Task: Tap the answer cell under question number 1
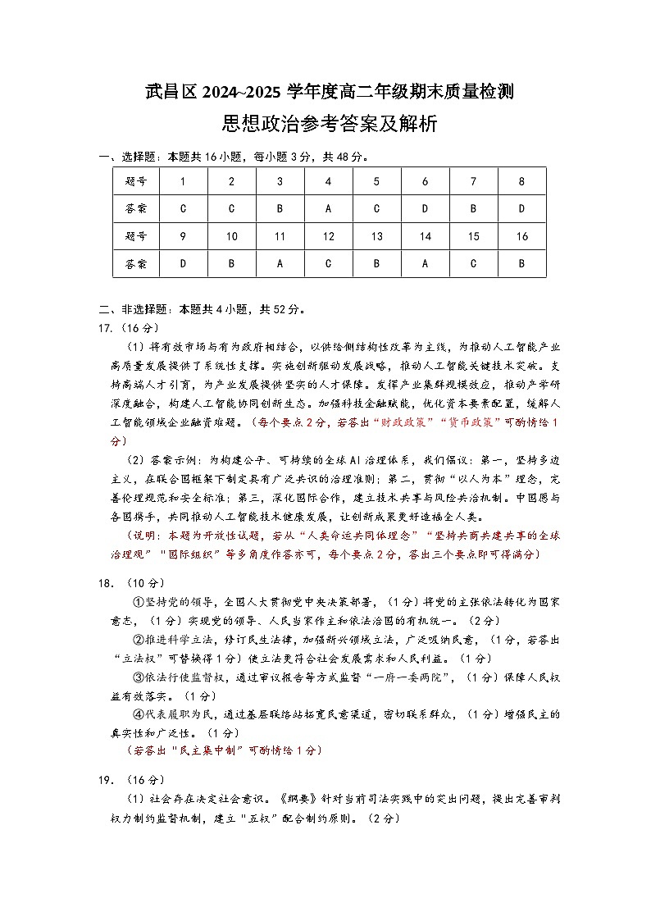(182, 208)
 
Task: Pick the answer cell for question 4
(328, 208)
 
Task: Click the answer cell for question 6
(425, 208)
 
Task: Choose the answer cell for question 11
(280, 264)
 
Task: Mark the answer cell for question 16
(521, 264)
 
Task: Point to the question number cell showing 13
(376, 236)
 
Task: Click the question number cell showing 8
(521, 181)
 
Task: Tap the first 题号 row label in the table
(136, 181)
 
